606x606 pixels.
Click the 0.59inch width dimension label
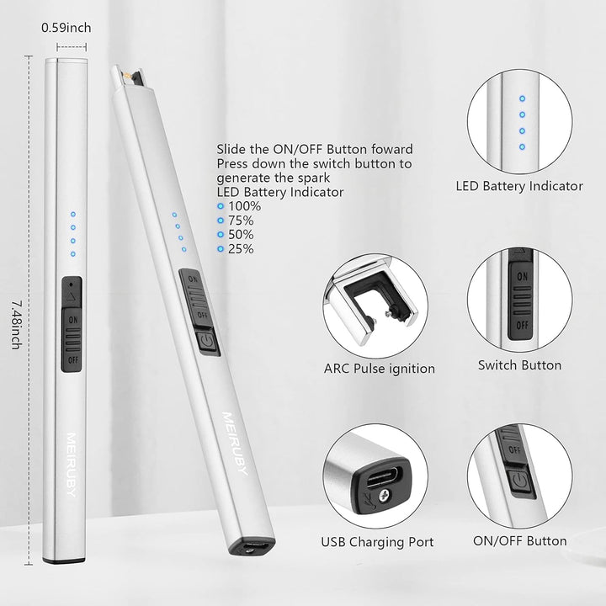66,28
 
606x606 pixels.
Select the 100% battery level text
244,206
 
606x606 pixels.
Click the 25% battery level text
241,249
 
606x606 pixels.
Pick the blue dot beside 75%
221,221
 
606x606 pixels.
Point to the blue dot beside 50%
221,235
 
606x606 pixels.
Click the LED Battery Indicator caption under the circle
519,186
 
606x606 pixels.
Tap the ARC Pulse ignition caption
379,369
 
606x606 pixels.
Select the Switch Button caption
519,364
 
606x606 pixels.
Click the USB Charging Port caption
377,542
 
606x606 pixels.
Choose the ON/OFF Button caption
520,540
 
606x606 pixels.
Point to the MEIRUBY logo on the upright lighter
71,464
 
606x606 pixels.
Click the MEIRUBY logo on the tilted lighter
234,444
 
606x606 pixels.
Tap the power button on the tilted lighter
207,342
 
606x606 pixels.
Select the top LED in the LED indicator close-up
522,98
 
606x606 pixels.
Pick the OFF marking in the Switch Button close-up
522,325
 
